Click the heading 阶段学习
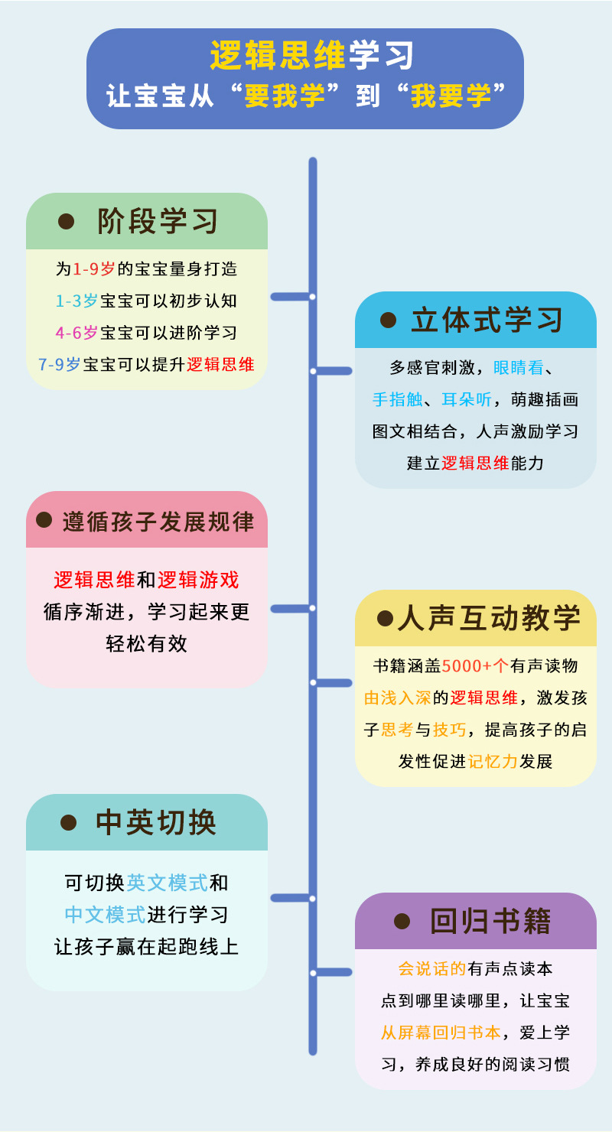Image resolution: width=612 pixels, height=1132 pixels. click(158, 222)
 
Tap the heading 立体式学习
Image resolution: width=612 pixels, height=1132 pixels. click(487, 320)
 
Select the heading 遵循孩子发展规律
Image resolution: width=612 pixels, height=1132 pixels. click(158, 521)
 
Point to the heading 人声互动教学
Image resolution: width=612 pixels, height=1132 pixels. click(489, 618)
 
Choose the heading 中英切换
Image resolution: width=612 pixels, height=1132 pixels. click(157, 822)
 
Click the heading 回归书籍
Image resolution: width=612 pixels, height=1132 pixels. click(490, 921)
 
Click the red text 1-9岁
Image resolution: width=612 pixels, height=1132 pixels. click(94, 269)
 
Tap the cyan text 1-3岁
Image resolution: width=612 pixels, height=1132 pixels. click(76, 301)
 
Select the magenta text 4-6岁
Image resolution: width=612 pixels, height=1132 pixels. click(76, 333)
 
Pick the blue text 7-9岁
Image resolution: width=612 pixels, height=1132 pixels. click(60, 364)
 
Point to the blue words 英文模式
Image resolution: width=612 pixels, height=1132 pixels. click(167, 883)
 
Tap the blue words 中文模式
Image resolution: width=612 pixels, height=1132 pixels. click(105, 914)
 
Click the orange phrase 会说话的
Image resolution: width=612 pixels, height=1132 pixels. click(432, 968)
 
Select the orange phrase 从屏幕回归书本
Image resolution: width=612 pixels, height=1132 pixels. click(441, 1032)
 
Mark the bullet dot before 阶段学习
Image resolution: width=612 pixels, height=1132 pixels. click(67, 222)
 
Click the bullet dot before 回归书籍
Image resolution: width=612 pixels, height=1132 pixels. click(402, 921)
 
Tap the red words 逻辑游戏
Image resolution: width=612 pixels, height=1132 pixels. click(198, 580)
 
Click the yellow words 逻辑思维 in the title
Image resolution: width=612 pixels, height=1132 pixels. click(278, 55)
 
